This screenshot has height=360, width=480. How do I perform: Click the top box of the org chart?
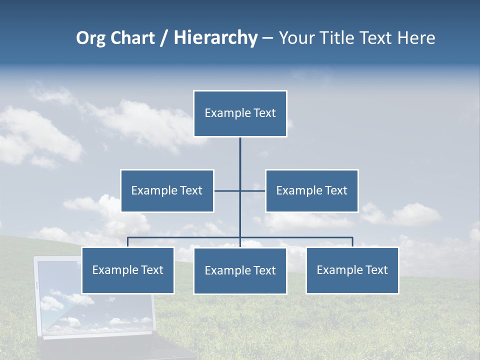240,113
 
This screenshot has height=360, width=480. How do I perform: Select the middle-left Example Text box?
167,190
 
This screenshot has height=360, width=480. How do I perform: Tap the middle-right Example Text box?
311,190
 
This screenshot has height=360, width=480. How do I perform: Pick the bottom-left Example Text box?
127,270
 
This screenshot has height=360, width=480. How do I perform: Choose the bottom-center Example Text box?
240,271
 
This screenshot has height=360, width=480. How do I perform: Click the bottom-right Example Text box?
352,270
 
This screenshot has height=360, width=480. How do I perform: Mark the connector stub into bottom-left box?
127,242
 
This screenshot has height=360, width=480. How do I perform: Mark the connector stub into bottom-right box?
352,242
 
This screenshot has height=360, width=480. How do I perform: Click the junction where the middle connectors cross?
240,190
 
